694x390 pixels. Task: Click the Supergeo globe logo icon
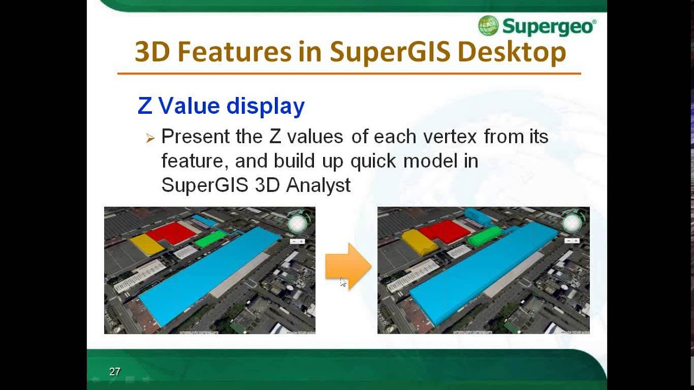[488, 25]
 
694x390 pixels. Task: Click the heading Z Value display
[221, 106]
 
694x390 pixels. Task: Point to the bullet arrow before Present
[150, 139]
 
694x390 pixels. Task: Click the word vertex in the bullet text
[447, 136]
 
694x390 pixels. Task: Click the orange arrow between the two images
[348, 266]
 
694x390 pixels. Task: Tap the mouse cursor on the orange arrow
[343, 282]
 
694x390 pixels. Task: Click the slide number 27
[114, 372]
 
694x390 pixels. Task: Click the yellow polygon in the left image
[146, 243]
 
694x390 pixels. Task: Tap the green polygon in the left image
[211, 238]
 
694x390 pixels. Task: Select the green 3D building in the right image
[484, 236]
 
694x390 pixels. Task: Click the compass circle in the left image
[297, 224]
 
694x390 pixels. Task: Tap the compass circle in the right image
[571, 223]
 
